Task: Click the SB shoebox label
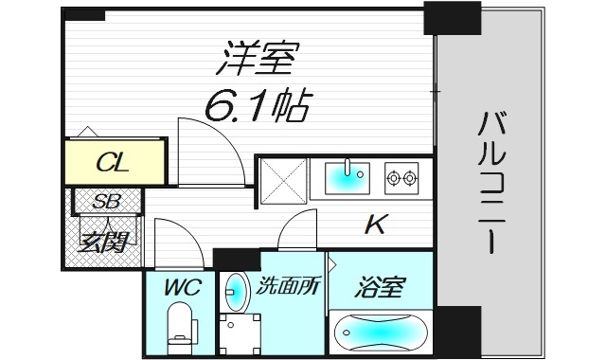pyautogui.click(x=105, y=201)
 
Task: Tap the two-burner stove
pyautogui.click(x=402, y=175)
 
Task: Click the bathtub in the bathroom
pyautogui.click(x=381, y=332)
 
